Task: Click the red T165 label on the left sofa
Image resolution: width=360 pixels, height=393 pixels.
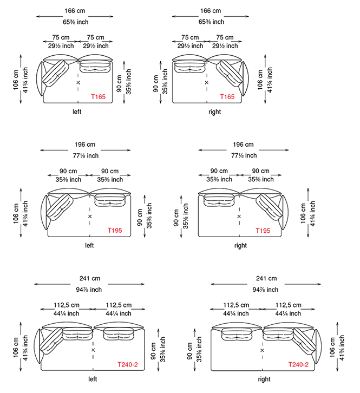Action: pyautogui.click(x=99, y=97)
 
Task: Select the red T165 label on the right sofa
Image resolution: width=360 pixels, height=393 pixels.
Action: pyautogui.click(x=227, y=97)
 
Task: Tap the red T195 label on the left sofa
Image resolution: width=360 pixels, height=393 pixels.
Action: pyautogui.click(x=115, y=231)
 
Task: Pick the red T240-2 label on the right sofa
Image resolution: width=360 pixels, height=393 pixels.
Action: pyautogui.click(x=298, y=364)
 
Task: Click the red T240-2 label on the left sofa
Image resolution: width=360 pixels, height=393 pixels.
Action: pyautogui.click(x=128, y=364)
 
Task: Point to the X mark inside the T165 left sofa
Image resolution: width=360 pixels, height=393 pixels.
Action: pyautogui.click(x=78, y=82)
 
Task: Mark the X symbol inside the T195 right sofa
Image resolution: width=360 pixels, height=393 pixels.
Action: pyautogui.click(x=239, y=217)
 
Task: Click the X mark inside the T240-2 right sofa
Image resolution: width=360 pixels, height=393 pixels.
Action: pyautogui.click(x=262, y=350)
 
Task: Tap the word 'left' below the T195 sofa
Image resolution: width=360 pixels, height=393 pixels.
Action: pyautogui.click(x=89, y=245)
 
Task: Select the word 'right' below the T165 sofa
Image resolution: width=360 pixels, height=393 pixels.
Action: pyautogui.click(x=214, y=112)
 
